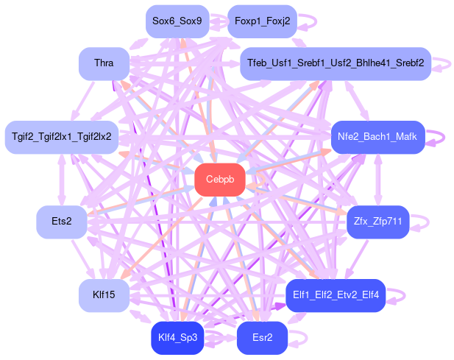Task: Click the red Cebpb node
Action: [x=220, y=180]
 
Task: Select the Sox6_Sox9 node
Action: [x=177, y=21]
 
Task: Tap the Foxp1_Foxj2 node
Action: [x=262, y=21]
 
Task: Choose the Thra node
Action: [x=104, y=64]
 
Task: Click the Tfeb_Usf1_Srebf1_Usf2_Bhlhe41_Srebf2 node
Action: [x=336, y=64]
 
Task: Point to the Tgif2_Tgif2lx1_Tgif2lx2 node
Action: [x=61, y=137]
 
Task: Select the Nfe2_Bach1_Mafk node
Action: [x=377, y=137]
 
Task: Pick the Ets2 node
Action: [x=62, y=222]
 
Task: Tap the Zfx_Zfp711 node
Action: [x=377, y=222]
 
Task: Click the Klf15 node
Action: [x=104, y=295]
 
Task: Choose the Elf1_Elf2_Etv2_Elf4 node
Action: [x=336, y=295]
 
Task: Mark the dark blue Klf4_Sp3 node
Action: [x=177, y=338]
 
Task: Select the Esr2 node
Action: [x=262, y=338]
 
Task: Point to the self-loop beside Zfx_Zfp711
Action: [x=422, y=222]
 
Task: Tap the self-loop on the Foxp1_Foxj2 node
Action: [x=310, y=21]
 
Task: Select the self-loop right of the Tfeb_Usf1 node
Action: [x=444, y=64]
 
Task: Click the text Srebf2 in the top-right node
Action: [x=408, y=64]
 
